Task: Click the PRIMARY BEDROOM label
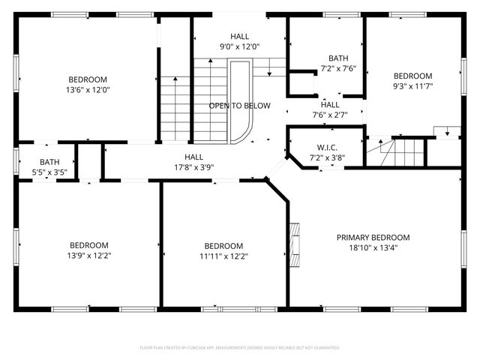[373, 237]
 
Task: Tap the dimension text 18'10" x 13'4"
[373, 247]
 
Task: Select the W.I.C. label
[326, 148]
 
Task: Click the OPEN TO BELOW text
[240, 106]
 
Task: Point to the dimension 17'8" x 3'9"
[194, 167]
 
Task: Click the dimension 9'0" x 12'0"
[239, 46]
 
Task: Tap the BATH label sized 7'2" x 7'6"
[338, 58]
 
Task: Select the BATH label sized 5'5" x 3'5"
[49, 161]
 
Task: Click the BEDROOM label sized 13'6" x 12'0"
[88, 79]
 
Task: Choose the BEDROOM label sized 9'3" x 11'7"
[413, 76]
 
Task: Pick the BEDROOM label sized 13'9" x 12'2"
[89, 245]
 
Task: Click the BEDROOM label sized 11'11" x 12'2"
[223, 246]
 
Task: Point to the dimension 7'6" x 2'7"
[329, 115]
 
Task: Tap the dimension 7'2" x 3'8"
[326, 158]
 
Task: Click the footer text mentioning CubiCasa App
[240, 348]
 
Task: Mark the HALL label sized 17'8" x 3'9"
[194, 157]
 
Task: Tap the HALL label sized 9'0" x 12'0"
[239, 36]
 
